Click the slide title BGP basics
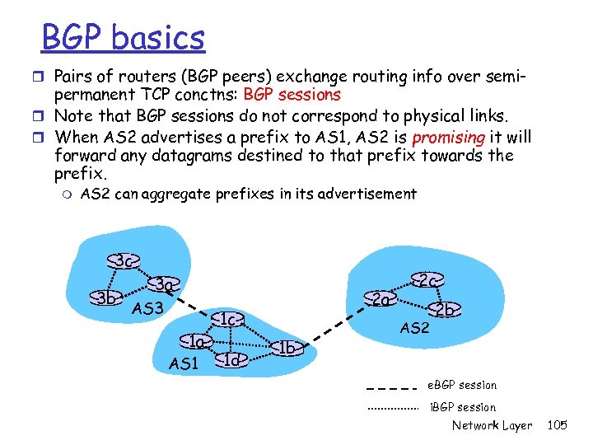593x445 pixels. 123,37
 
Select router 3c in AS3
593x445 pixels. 124,261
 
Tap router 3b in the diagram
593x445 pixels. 105,297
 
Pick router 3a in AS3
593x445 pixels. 165,286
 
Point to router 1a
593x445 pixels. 196,340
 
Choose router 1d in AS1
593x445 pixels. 232,359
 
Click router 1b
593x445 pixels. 286,348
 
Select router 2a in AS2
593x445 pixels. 381,298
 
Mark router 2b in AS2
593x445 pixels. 446,311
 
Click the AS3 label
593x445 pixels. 148,309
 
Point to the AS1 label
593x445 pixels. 184,363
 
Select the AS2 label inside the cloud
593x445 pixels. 415,328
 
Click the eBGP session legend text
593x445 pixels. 463,385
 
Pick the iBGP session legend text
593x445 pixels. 463,407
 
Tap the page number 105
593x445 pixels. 558,425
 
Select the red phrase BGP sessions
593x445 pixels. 292,94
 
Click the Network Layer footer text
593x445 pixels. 492,425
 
